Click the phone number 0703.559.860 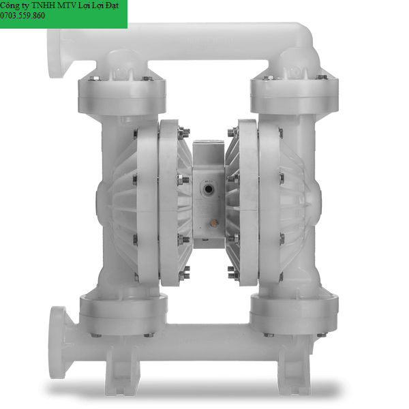[x=22, y=16]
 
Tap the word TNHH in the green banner [x=43, y=5]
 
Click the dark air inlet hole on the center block [x=208, y=188]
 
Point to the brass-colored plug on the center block [x=214, y=222]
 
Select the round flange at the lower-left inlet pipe [x=57, y=342]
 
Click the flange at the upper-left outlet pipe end [x=56, y=53]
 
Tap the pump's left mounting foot [x=121, y=370]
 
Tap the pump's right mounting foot [x=294, y=370]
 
